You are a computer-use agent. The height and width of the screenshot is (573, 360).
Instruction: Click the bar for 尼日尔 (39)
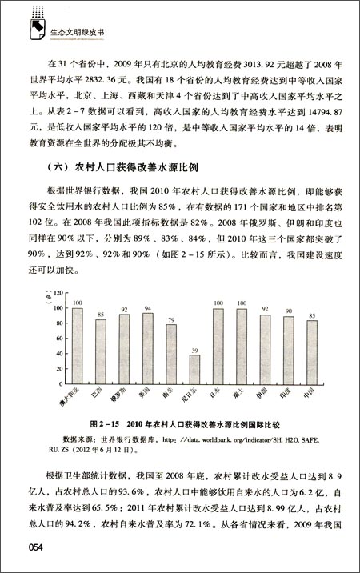click(x=194, y=370)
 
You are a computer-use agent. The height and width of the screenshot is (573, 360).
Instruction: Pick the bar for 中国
click(x=312, y=352)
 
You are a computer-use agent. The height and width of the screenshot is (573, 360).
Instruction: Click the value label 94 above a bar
click(x=148, y=308)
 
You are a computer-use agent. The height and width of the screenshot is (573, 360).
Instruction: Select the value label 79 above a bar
click(x=171, y=319)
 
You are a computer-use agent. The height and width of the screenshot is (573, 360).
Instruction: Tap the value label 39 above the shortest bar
click(x=194, y=350)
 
